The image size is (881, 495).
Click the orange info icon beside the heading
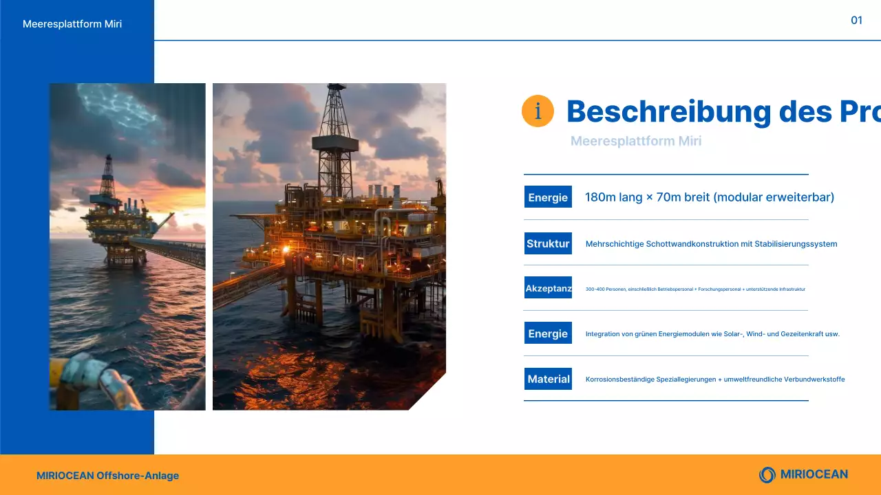[538, 111]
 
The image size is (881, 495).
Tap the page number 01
[856, 21]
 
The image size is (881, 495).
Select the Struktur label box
[548, 243]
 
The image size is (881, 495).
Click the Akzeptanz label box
[548, 289]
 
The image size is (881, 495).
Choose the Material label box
[548, 379]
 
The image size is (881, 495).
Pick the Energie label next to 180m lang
[548, 197]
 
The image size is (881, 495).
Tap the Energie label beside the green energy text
[548, 333]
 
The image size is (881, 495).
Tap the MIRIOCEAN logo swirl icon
[767, 474]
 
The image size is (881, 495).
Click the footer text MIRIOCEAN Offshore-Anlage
[107, 476]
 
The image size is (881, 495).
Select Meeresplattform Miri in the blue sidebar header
[72, 24]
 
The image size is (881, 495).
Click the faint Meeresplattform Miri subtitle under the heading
[636, 142]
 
